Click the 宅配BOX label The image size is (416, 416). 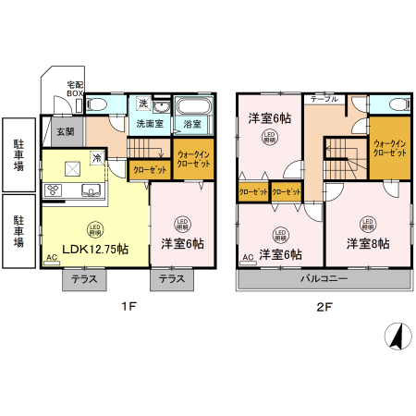click(x=74, y=90)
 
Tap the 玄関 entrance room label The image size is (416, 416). click(x=66, y=132)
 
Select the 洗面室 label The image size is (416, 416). click(x=151, y=123)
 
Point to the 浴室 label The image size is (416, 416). click(x=192, y=123)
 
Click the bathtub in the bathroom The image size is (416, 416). click(x=192, y=104)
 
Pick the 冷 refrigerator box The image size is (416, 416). click(x=97, y=158)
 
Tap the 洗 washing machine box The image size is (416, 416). click(x=142, y=104)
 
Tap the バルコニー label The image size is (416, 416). click(x=324, y=278)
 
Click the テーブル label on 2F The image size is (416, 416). click(x=324, y=98)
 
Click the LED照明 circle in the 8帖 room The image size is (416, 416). click(x=368, y=223)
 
